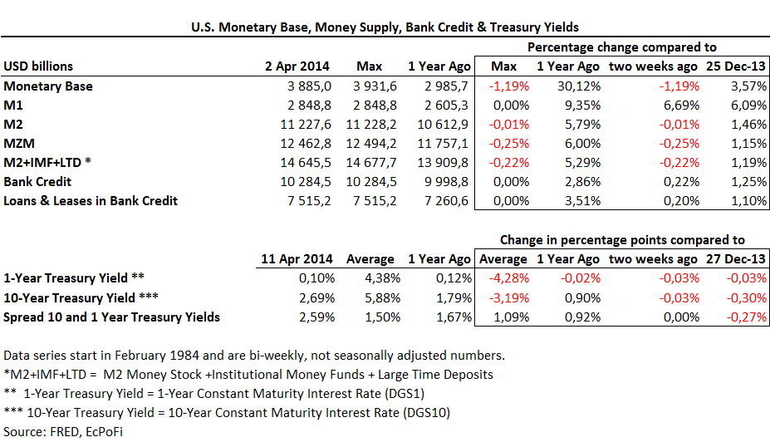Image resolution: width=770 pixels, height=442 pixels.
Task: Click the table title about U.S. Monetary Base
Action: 385,27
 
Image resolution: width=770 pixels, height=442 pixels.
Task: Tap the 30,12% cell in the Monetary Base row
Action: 570,86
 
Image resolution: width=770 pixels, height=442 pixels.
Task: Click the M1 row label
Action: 13,106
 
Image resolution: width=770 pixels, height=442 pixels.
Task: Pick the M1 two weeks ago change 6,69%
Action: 665,106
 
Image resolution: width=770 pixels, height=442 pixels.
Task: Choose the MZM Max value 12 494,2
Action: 375,144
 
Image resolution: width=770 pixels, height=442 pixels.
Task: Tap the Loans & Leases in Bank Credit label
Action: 91,201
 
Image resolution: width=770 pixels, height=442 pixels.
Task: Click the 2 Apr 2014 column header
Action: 297,66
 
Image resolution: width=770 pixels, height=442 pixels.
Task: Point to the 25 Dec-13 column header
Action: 737,66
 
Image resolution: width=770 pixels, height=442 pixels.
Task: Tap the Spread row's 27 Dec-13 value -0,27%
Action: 746,317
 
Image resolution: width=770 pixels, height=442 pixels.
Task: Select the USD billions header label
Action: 38,66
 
